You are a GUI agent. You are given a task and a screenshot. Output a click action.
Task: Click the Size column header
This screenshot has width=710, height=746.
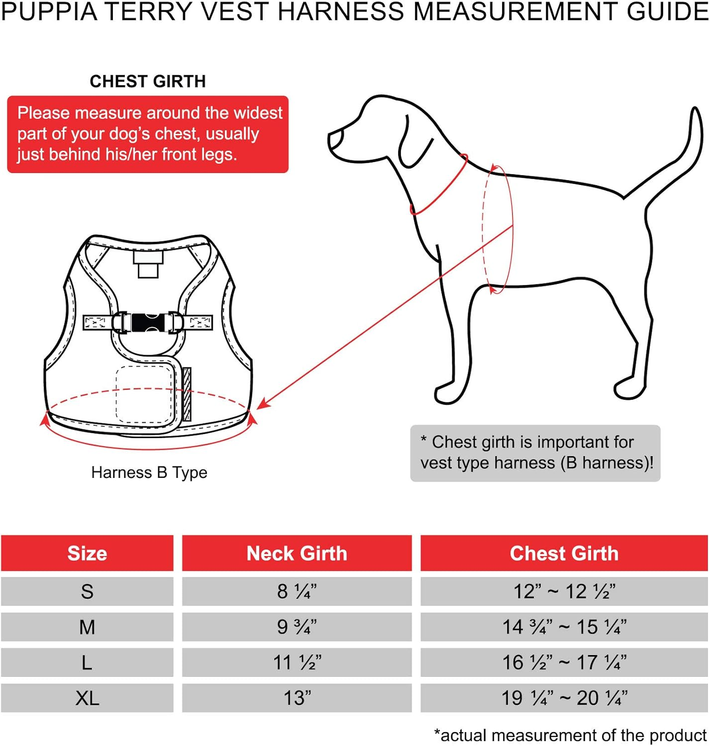click(x=87, y=553)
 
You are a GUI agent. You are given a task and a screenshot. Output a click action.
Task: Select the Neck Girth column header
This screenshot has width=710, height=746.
click(x=297, y=553)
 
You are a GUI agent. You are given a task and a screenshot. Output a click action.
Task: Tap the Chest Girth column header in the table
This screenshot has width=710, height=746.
click(x=564, y=553)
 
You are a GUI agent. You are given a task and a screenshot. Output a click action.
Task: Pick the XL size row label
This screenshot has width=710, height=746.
click(x=87, y=698)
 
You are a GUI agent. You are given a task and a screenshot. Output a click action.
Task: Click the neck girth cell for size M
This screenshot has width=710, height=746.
click(x=297, y=627)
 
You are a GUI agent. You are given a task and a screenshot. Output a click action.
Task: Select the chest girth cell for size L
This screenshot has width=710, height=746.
click(x=564, y=662)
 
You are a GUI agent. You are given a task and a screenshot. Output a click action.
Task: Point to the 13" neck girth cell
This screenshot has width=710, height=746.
click(x=297, y=698)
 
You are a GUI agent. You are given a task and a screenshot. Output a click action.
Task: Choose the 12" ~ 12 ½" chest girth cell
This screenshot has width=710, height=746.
click(x=564, y=591)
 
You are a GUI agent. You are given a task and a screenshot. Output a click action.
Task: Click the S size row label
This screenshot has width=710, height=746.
click(x=87, y=591)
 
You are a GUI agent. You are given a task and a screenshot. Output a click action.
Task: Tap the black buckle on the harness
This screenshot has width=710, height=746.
click(x=146, y=322)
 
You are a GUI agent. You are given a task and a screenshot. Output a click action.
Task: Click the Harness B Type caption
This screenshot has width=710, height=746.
click(x=149, y=472)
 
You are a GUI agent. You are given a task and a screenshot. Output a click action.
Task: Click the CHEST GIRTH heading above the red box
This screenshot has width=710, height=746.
click(x=147, y=81)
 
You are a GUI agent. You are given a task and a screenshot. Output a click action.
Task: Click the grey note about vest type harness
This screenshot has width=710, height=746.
click(x=535, y=453)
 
